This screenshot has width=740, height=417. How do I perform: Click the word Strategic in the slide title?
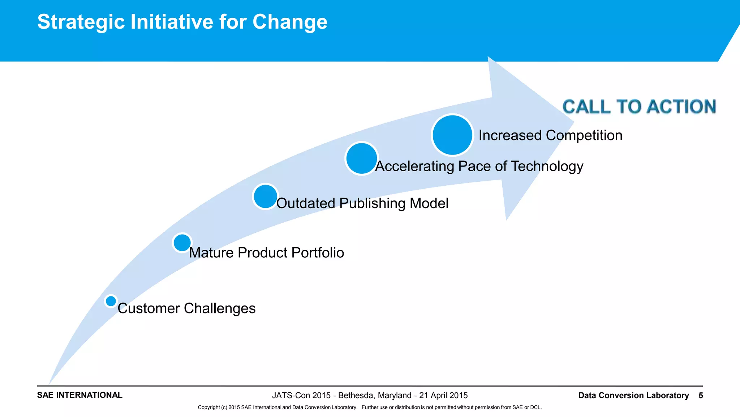coord(81,22)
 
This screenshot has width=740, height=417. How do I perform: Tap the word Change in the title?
coord(290,22)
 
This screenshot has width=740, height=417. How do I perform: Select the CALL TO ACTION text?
coord(639,107)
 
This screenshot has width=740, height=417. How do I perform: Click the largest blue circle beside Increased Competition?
coord(452,135)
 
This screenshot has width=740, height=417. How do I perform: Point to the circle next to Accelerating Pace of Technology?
coord(361,159)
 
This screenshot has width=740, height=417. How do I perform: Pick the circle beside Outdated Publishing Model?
coord(265,196)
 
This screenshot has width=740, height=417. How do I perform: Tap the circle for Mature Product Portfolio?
coord(182,243)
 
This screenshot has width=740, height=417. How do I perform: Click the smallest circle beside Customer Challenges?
coord(111,301)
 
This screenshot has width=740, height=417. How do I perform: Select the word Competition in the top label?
coord(584,135)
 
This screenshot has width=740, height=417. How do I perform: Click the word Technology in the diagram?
coord(547,167)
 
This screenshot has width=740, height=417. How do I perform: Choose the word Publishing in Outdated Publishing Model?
coord(372,203)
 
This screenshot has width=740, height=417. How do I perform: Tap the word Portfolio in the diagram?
coord(318,253)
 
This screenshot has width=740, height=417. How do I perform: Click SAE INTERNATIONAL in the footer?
coord(79,395)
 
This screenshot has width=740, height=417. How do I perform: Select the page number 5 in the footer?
coord(701,395)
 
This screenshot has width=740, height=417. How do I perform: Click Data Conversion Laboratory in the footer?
coord(633,395)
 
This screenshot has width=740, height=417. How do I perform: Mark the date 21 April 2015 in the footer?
coord(443,395)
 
